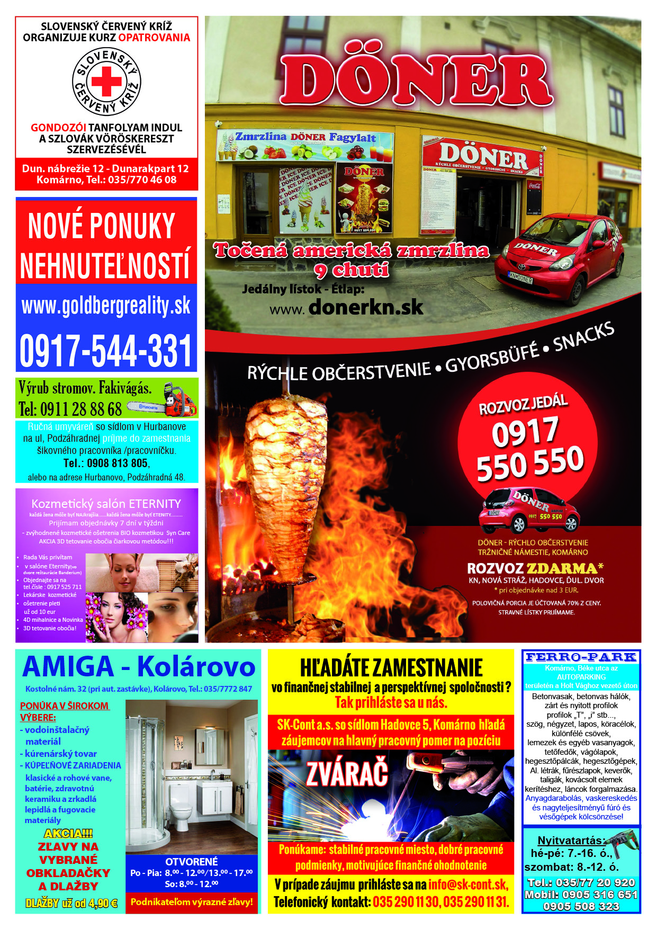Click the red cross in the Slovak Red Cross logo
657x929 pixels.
click(106, 81)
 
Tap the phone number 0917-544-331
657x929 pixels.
click(105, 351)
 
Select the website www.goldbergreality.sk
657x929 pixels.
click(106, 306)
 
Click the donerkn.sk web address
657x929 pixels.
click(365, 307)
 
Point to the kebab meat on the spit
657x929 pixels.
click(286, 482)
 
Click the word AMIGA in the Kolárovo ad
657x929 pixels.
click(68, 667)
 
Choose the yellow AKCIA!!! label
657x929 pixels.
click(68, 834)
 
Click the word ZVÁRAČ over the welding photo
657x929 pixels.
click(347, 775)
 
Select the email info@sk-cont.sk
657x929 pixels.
click(468, 885)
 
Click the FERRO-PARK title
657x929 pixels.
click(581, 657)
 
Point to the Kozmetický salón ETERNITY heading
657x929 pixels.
click(106, 504)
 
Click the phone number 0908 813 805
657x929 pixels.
click(118, 463)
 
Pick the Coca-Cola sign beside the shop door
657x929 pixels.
click(534, 185)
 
